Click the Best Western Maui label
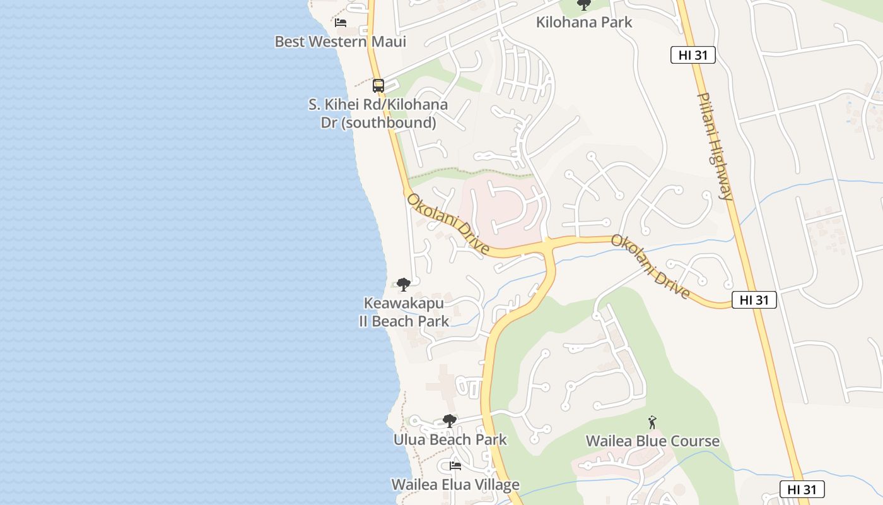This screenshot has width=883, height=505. coord(340,42)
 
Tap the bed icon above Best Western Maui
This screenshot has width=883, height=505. coord(341,23)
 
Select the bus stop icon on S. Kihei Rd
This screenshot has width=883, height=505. coord(378,85)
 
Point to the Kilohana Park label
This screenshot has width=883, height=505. coord(583,23)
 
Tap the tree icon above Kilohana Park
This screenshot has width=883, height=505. coord(584,5)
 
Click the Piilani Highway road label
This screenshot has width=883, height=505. coord(715,146)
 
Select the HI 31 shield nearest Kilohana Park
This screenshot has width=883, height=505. coord(693,56)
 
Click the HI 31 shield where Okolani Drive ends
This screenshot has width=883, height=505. coord(754,300)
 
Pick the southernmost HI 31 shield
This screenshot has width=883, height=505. coord(802,489)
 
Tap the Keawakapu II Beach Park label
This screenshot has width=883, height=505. coord(404,312)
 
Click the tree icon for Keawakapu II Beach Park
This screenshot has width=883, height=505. coord(404,285)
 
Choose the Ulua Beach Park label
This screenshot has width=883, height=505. coord(450,439)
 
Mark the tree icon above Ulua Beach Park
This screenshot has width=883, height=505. coord(449,420)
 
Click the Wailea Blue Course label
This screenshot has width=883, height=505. coord(652,441)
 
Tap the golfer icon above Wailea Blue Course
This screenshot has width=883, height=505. coord(652,422)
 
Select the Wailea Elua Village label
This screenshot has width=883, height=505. coord(455,485)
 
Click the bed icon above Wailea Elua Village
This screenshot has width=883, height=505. coord(455,466)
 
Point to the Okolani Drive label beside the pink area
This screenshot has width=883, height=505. coord(448,224)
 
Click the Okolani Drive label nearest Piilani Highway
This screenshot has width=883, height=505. coord(650,266)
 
